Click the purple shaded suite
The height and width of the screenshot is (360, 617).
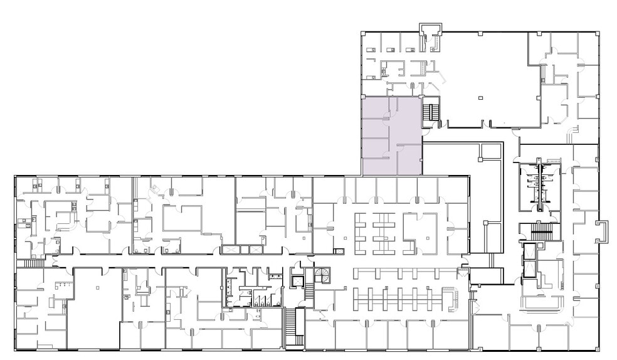tap(391, 135)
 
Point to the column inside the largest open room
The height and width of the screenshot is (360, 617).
tap(480, 98)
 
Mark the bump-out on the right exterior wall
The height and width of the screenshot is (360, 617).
tap(604, 231)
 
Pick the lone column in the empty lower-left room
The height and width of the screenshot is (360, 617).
tap(98, 286)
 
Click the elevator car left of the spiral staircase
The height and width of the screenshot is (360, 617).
tap(297, 281)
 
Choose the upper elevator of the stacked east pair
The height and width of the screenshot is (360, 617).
tap(529, 250)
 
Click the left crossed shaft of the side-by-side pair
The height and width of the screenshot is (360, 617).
tap(231, 249)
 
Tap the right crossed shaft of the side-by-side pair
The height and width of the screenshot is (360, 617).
tap(257, 249)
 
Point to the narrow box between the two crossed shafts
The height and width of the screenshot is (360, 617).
tap(244, 249)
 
